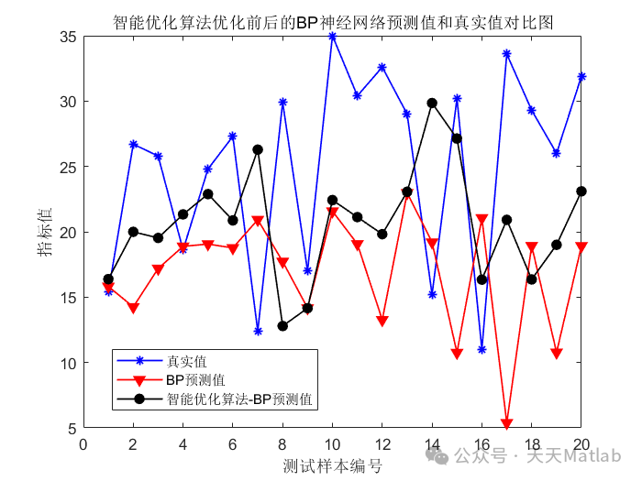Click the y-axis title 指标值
point(45,232)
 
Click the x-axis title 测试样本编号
point(333,466)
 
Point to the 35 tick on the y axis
point(70,37)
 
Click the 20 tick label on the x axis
point(581,444)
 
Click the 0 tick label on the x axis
point(83,444)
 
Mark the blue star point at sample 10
point(332,37)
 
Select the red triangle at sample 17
point(506,424)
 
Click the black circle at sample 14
point(432,104)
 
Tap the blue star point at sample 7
point(258,331)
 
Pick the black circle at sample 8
point(282,326)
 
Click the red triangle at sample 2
point(133,309)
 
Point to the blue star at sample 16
point(481,349)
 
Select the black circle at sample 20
point(581,191)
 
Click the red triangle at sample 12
point(382,322)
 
